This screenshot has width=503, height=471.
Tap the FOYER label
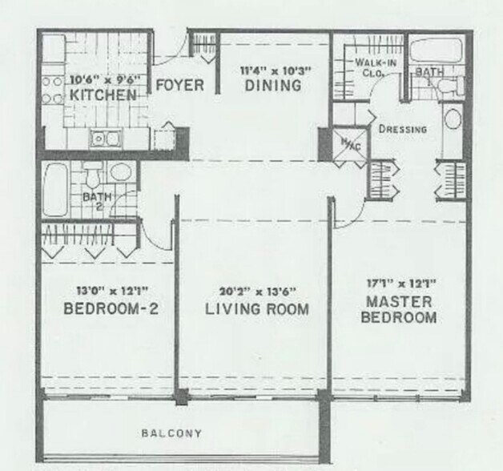tap(179, 85)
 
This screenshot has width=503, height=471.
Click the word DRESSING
tap(401, 129)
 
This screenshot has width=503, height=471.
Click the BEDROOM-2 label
tap(108, 308)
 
